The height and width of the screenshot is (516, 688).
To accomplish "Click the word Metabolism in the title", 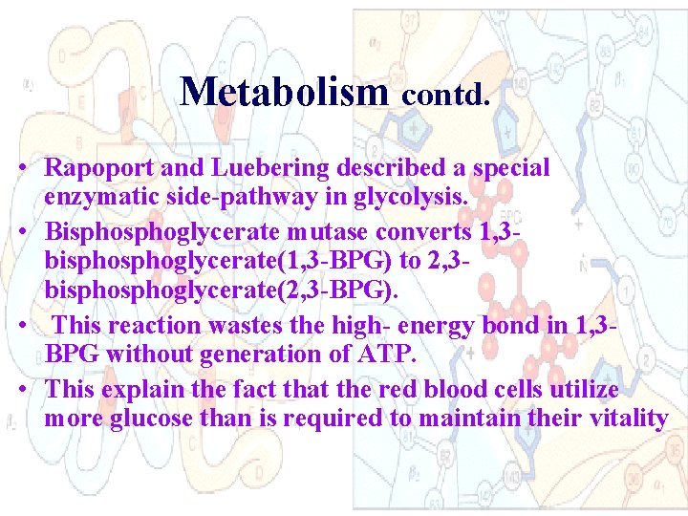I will point(283,92).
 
